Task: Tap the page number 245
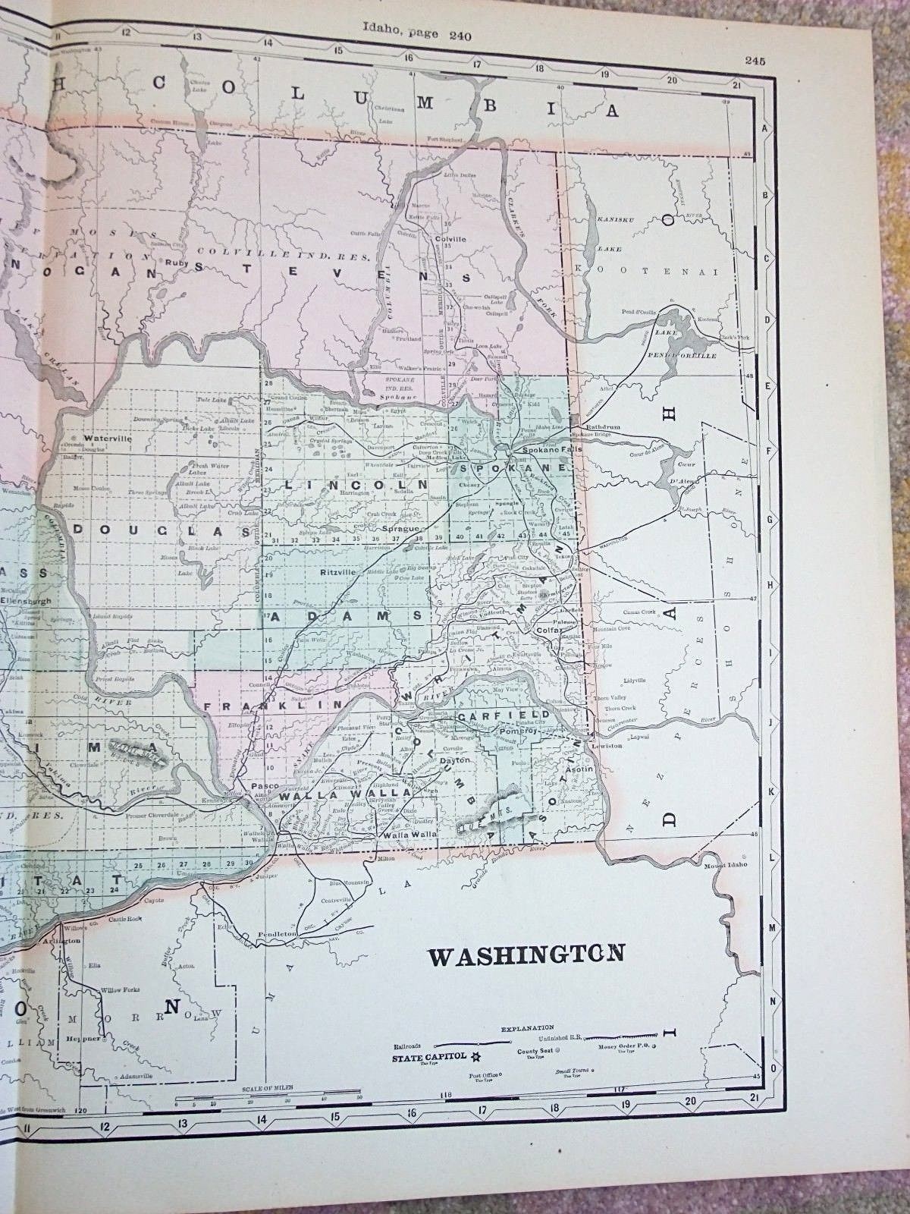pos(755,61)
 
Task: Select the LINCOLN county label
pos(355,483)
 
